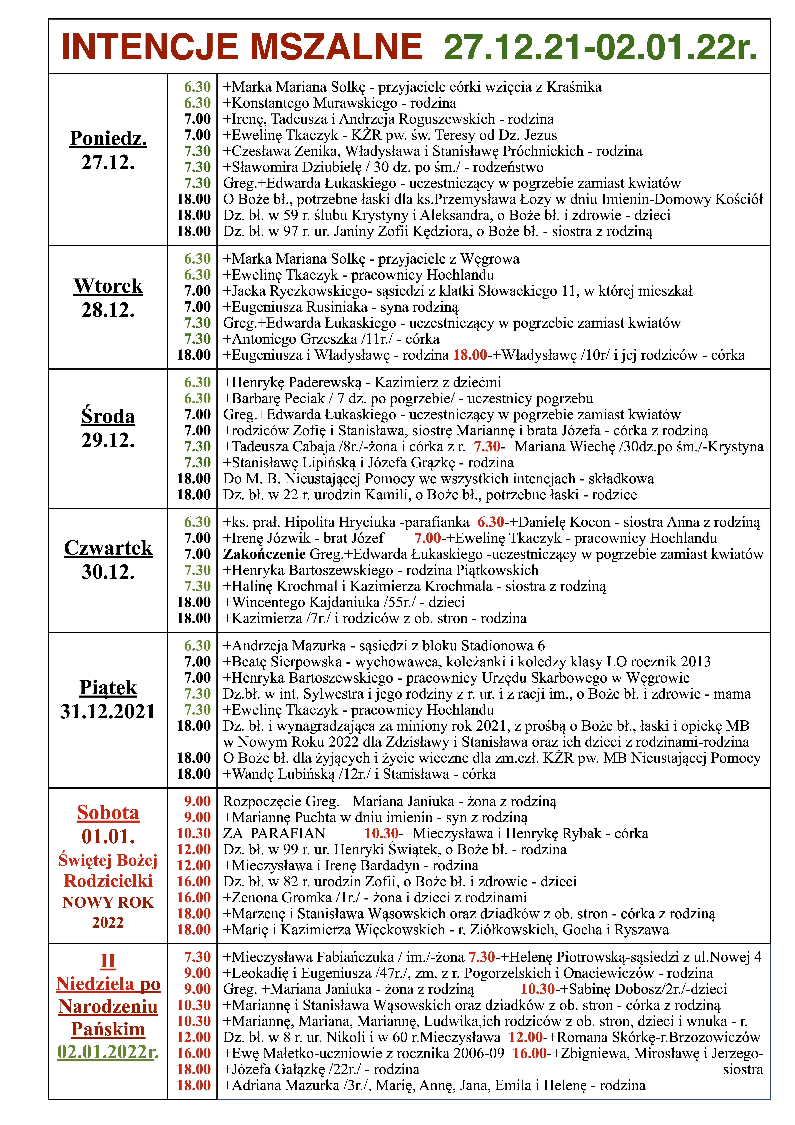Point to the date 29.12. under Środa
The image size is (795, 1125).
(x=108, y=440)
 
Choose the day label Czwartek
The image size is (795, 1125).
(x=108, y=548)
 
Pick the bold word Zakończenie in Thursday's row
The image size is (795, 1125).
(x=264, y=554)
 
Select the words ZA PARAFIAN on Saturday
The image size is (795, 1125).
(x=274, y=834)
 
